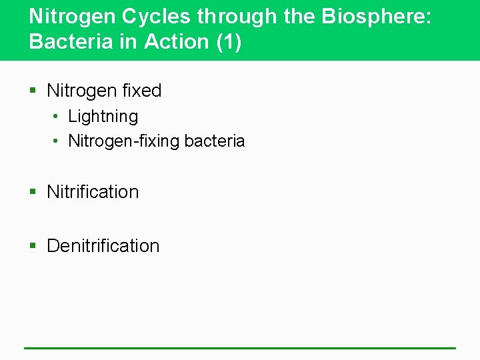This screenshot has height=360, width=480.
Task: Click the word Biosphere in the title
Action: (x=376, y=16)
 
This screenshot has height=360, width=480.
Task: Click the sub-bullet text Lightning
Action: (x=103, y=117)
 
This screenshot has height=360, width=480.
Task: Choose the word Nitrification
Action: (x=93, y=192)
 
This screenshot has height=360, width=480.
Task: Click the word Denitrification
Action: (x=103, y=246)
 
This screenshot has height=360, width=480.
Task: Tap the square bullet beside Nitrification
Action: (x=33, y=193)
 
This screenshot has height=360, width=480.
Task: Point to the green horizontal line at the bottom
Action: (x=240, y=347)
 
